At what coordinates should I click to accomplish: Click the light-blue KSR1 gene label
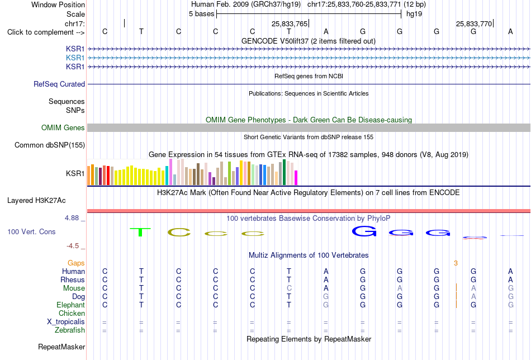(x=75, y=58)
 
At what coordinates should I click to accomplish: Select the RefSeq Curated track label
(x=59, y=84)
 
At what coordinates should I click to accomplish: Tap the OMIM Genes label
(x=63, y=127)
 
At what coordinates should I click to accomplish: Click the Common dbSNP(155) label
(x=50, y=145)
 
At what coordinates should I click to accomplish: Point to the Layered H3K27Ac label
(x=36, y=201)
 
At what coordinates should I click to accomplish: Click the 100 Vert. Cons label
(x=31, y=231)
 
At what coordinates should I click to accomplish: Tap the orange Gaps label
(x=76, y=263)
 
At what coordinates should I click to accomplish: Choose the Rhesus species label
(x=73, y=280)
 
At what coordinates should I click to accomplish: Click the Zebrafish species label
(x=70, y=330)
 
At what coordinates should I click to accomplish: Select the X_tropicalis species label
(x=66, y=322)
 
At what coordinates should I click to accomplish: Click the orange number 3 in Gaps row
(x=456, y=263)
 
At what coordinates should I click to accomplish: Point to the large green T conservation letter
(x=140, y=232)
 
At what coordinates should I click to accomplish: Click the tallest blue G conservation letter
(x=364, y=231)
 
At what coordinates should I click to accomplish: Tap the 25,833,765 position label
(x=290, y=23)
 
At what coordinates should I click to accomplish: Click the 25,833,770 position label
(x=474, y=23)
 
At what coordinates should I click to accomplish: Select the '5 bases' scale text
(x=201, y=14)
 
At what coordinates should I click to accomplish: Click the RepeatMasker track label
(x=61, y=347)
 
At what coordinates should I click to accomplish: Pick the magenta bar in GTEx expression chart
(x=296, y=178)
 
